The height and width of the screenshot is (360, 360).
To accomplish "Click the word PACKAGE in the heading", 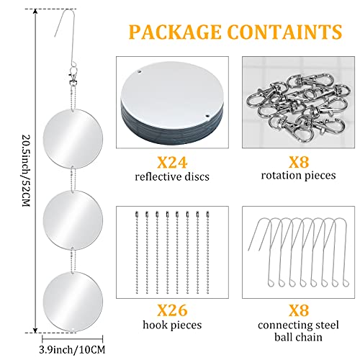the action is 175,32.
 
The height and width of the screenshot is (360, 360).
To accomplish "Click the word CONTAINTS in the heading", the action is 285,32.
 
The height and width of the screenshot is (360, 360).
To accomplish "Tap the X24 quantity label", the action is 172,162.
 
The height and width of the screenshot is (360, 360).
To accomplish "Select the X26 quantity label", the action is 172,310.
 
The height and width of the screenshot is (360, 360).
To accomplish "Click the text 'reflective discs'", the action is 172,177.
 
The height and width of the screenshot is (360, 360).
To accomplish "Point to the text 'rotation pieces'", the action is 298,176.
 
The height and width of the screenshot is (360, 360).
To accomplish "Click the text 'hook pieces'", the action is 172,325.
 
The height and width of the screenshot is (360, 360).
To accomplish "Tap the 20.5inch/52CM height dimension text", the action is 26,171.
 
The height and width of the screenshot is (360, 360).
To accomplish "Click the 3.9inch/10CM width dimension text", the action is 72,349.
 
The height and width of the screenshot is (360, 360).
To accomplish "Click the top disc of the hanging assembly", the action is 73,138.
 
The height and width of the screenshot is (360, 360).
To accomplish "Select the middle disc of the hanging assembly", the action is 73,220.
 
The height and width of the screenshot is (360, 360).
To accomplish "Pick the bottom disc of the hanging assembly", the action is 73,302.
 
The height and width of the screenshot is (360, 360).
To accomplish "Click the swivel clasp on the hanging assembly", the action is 73,75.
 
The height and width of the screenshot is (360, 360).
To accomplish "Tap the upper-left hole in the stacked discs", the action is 139,71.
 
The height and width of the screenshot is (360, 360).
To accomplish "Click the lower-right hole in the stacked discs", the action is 207,116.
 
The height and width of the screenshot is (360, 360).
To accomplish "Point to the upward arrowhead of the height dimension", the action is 35,12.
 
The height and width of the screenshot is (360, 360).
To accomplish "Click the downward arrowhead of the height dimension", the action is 35,330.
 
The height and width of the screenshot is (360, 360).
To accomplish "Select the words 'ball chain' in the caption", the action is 298,337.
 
